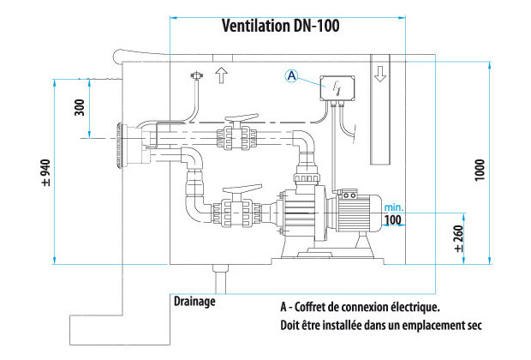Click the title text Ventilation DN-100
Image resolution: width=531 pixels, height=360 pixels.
(x=281, y=26)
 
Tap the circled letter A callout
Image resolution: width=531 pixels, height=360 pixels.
(x=291, y=76)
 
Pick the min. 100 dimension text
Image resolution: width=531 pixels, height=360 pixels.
(x=393, y=214)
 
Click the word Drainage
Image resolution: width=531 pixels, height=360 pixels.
(x=194, y=302)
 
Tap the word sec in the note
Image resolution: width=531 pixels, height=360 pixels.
(x=472, y=325)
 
